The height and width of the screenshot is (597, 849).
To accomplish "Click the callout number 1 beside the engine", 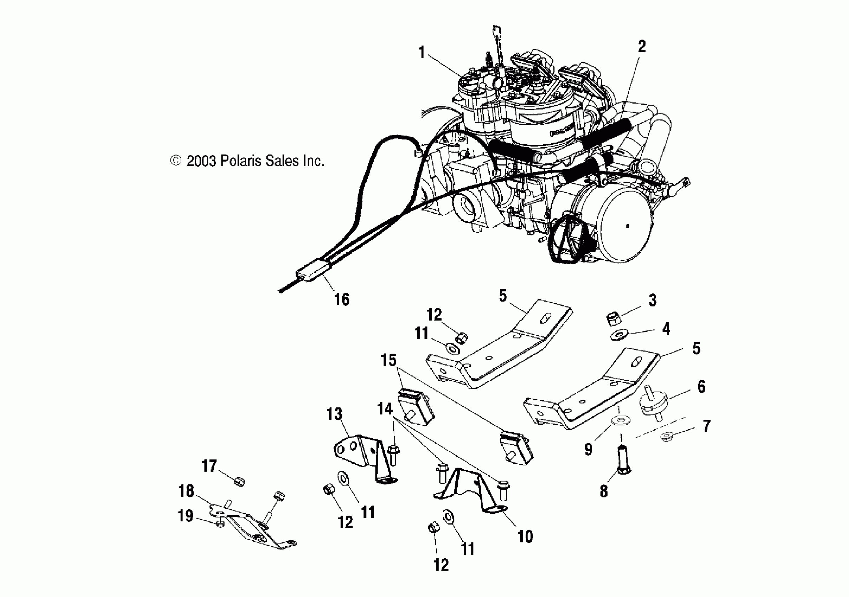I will pyautogui.click(x=422, y=52).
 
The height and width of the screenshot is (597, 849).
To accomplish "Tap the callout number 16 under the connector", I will pyautogui.click(x=342, y=299).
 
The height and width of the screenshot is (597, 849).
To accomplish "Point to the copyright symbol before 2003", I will pyautogui.click(x=176, y=161).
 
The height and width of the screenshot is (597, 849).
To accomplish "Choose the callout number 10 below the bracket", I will pyautogui.click(x=525, y=536).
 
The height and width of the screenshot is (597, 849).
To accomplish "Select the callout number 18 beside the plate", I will pyautogui.click(x=186, y=491).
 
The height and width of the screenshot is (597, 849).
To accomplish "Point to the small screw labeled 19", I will pyautogui.click(x=221, y=525).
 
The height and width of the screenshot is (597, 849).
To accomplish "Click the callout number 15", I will pyautogui.click(x=389, y=360).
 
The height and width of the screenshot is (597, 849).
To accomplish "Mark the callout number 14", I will pyautogui.click(x=384, y=409).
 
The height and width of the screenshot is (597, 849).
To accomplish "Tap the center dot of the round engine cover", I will pyautogui.click(x=627, y=226).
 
